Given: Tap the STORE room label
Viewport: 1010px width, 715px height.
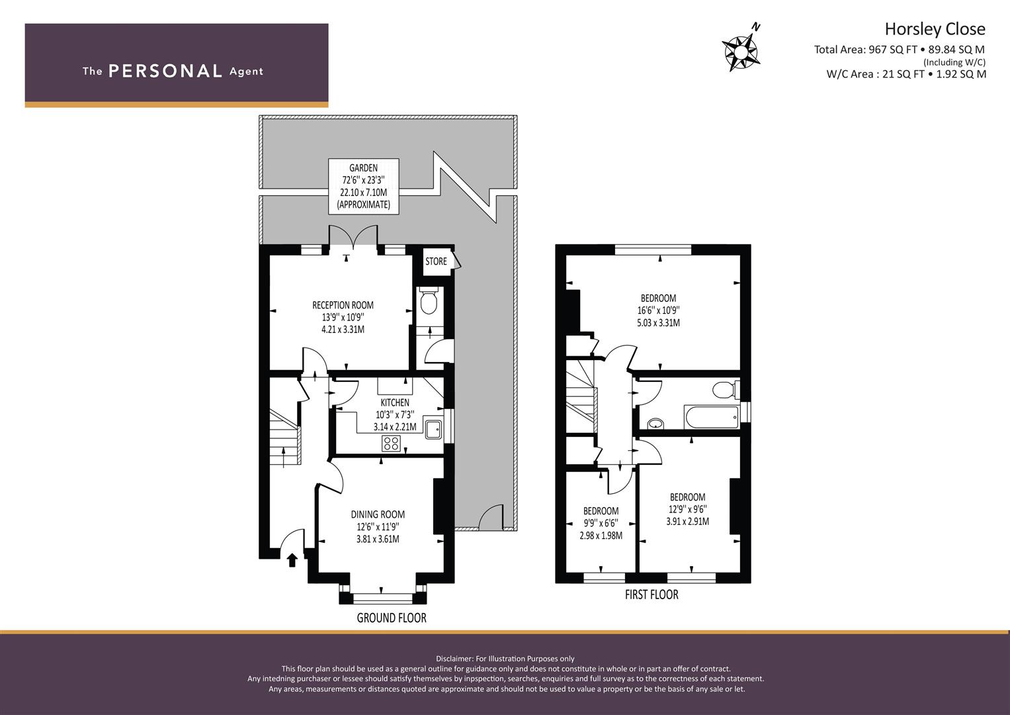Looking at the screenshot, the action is (436, 262).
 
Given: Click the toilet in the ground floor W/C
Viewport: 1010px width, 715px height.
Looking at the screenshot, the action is (428, 301).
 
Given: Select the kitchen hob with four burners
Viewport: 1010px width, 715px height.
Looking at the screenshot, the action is (391, 443).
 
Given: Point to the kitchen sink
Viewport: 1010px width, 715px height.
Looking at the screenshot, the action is (433, 429).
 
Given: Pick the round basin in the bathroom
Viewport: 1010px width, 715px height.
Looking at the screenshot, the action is (655, 424).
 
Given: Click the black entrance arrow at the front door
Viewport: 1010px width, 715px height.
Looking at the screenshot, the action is (292, 560).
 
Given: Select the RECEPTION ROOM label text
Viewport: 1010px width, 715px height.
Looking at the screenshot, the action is (343, 305).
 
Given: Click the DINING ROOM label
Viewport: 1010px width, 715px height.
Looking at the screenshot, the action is (378, 514).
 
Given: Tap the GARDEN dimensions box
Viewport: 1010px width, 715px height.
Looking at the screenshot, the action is (363, 186).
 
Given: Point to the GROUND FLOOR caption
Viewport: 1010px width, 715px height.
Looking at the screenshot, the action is (392, 618).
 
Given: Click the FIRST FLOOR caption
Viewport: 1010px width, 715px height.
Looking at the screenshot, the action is (652, 595).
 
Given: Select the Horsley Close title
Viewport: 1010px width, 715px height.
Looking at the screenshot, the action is (935, 29).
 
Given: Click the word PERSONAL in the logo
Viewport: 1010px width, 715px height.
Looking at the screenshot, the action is (165, 71).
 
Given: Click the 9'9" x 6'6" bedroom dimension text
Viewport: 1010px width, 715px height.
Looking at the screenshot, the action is (601, 523).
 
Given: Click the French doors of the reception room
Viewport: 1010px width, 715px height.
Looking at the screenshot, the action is (353, 236).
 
